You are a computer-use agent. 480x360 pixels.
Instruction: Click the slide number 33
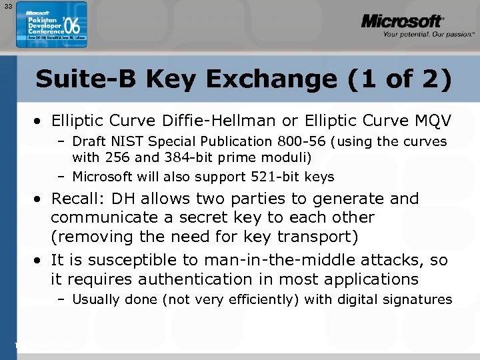[x=7, y=7]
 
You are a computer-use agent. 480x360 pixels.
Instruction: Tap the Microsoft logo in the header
[x=402, y=22]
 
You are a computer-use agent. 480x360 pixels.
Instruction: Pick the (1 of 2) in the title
[x=400, y=79]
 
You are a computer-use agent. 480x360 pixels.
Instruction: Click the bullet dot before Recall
[x=40, y=199]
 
